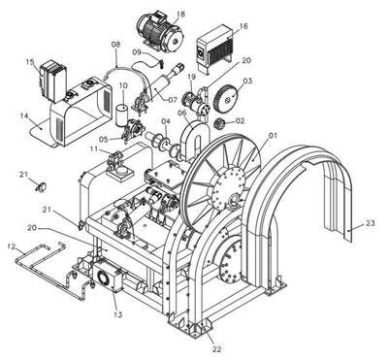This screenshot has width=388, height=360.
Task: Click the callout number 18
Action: (x=181, y=14)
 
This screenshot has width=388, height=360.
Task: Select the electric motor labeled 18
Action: (x=160, y=31)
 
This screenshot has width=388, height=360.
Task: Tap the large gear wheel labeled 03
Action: (x=227, y=97)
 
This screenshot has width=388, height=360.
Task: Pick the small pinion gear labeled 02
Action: (x=221, y=123)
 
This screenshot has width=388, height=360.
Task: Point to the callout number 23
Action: (x=371, y=223)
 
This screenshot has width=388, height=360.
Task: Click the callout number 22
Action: (x=217, y=349)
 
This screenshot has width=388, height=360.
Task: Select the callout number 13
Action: (x=118, y=314)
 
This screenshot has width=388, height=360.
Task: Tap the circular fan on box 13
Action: (x=104, y=278)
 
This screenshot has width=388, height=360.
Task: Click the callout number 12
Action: (x=12, y=246)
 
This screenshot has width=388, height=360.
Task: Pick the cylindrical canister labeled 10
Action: (x=123, y=114)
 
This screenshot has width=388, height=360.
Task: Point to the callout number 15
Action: (x=30, y=61)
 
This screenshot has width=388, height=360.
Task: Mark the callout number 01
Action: (x=274, y=136)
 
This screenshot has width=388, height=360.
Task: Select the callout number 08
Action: (x=115, y=45)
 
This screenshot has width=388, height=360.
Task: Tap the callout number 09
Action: (x=137, y=51)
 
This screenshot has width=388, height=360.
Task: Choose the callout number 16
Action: (x=243, y=26)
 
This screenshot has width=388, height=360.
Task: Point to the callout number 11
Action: (x=94, y=149)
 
